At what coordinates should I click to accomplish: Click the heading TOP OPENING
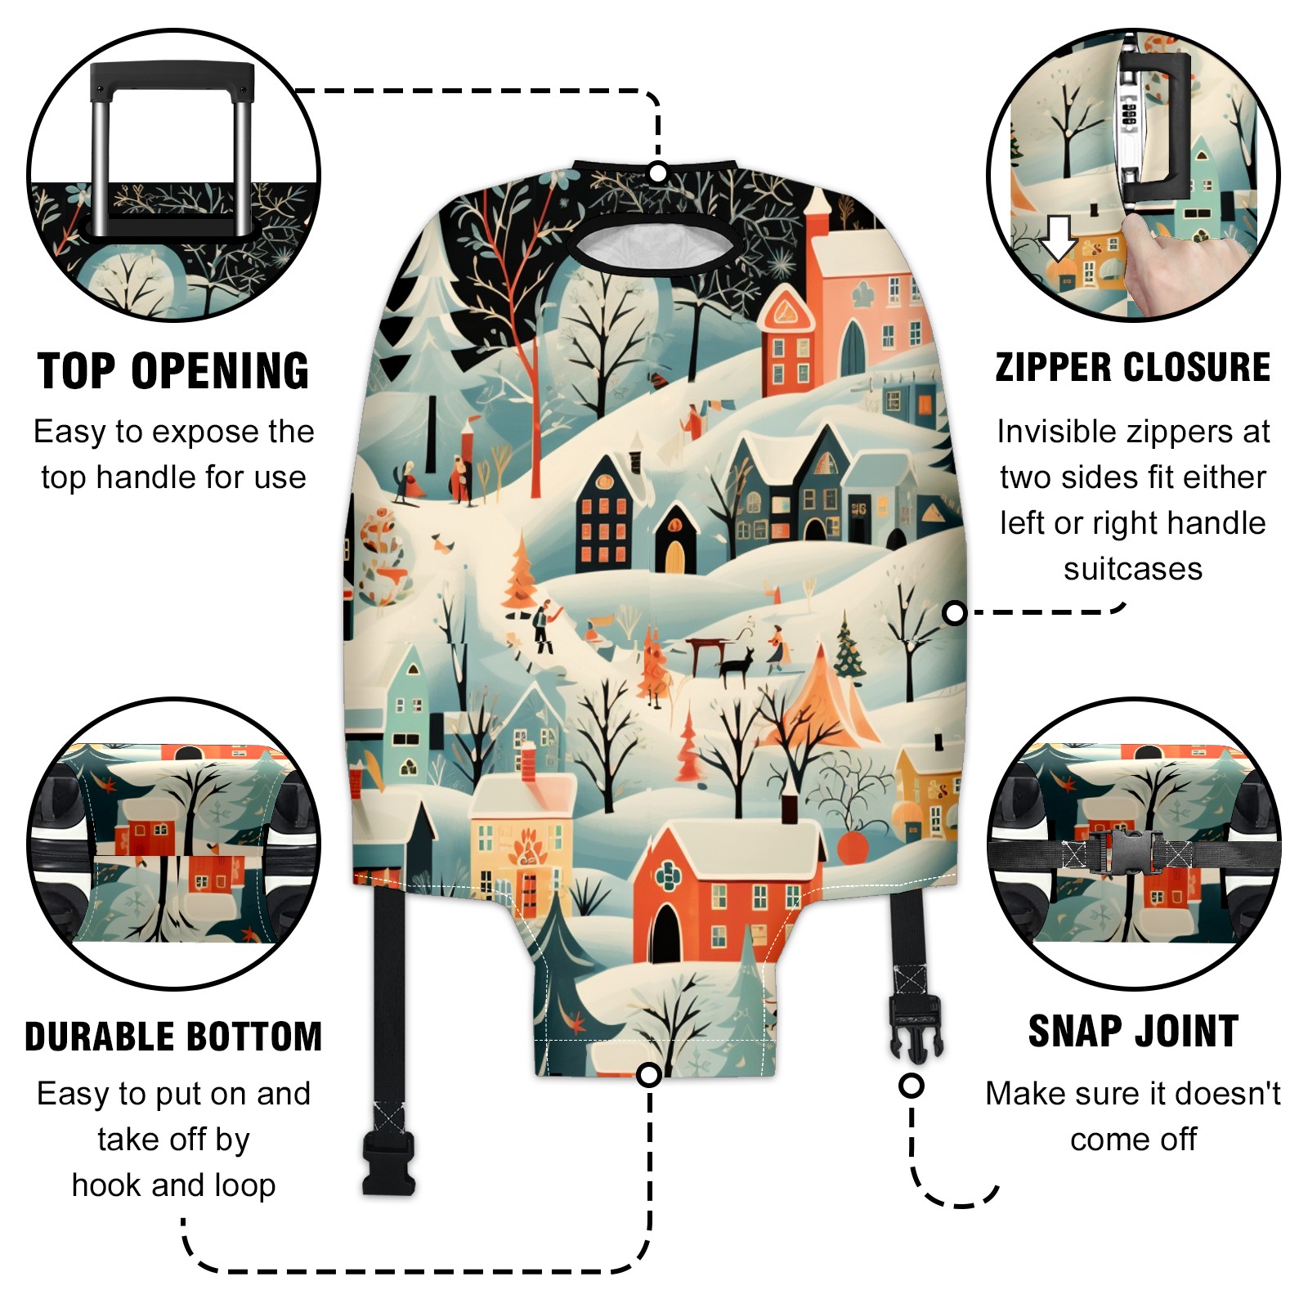[x=173, y=371]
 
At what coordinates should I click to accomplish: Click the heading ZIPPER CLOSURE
[x=1133, y=367]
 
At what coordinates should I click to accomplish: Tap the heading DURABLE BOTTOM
[x=173, y=1037]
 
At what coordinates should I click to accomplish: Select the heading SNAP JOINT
[x=1133, y=1031]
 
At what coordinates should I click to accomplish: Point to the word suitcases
[x=1133, y=569]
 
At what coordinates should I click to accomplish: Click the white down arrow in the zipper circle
[x=1059, y=238]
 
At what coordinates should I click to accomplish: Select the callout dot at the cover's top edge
[x=658, y=172]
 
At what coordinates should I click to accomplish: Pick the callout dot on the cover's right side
[x=954, y=613]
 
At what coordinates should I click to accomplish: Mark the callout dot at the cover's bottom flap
[x=649, y=1074]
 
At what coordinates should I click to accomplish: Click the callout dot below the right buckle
[x=912, y=1086]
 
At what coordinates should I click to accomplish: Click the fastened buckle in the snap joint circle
[x=1131, y=853]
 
